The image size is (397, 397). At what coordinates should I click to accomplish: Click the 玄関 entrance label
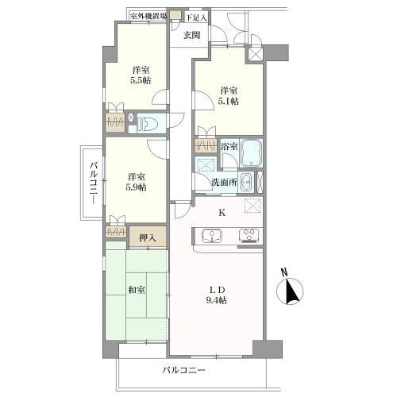(x=192, y=35)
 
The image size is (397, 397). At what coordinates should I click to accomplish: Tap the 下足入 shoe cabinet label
(x=196, y=18)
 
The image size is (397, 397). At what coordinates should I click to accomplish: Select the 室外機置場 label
(x=148, y=17)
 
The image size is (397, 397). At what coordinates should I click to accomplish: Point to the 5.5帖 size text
(x=141, y=80)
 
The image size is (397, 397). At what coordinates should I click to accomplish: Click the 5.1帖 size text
(x=228, y=101)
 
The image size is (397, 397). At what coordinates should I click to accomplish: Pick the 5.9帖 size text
(x=136, y=187)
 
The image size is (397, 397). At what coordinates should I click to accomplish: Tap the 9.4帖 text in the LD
(x=217, y=300)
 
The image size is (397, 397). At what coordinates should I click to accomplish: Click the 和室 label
(x=137, y=290)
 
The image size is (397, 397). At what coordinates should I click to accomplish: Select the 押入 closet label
(x=148, y=238)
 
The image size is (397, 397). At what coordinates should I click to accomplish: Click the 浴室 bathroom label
(x=229, y=146)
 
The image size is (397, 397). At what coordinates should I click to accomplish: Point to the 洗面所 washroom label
(x=224, y=182)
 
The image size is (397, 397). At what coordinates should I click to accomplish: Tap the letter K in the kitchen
(x=222, y=213)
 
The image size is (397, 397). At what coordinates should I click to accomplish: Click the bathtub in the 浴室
(x=251, y=152)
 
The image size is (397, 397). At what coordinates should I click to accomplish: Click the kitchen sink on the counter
(x=212, y=236)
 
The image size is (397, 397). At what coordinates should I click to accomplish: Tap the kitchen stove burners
(x=249, y=236)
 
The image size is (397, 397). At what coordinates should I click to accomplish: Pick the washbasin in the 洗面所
(x=246, y=182)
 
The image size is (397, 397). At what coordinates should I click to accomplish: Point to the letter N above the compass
(x=284, y=272)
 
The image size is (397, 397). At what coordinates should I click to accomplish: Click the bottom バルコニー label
(x=183, y=370)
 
